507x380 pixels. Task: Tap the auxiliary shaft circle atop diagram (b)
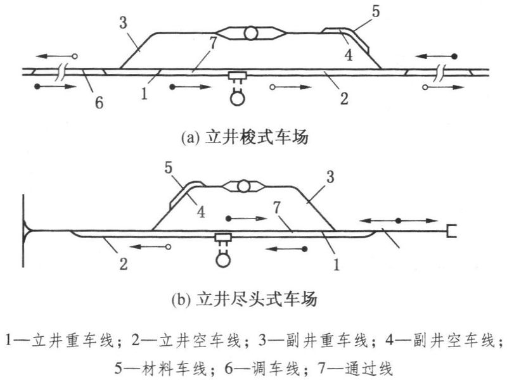243,186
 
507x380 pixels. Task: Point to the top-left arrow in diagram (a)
56,55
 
